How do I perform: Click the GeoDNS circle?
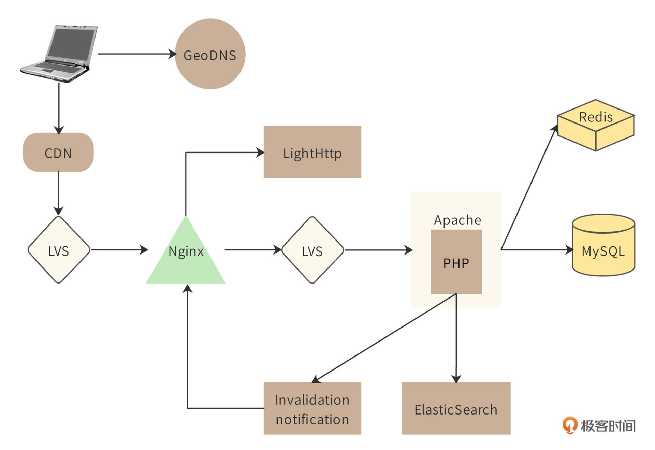coord(210,54)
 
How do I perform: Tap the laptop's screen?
coord(71,43)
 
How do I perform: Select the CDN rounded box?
coord(58,152)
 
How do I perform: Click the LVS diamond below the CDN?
coord(59,250)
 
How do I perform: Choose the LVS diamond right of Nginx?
coord(312,250)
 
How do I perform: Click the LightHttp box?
coord(312,152)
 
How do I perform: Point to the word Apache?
coord(457,220)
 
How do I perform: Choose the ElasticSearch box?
coord(456,408)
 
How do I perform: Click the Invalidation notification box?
coord(312,408)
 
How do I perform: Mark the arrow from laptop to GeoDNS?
coord(136,54)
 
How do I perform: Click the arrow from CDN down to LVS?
coord(58,193)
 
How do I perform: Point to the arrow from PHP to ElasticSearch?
coord(456,338)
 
